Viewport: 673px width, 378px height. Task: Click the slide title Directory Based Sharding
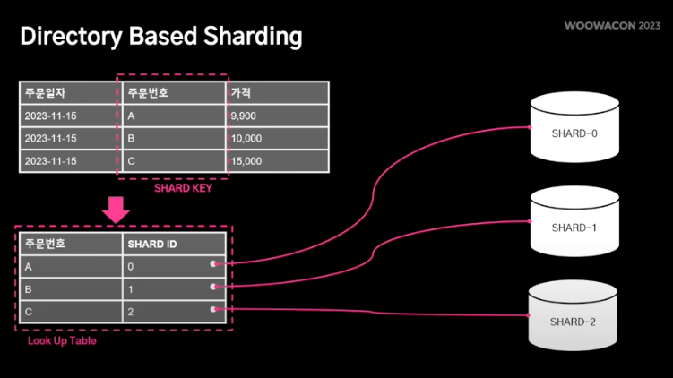[x=161, y=37]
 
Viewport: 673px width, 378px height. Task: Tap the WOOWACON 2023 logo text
[x=612, y=26]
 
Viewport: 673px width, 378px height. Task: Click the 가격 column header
[x=240, y=92]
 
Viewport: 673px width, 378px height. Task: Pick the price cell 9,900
[x=244, y=116]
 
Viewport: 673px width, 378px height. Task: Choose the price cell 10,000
[x=246, y=139]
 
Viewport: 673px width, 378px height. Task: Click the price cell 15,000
[x=246, y=161]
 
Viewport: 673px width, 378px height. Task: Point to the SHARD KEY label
[x=183, y=188]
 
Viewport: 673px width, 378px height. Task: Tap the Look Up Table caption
[x=62, y=341]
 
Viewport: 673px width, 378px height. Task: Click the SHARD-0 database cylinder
[x=574, y=130]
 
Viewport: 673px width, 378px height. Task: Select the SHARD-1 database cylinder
[x=574, y=224]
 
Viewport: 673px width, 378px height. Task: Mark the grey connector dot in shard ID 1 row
[x=213, y=288]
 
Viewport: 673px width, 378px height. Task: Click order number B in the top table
[x=132, y=139]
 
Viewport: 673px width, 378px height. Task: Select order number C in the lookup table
[x=29, y=312]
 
